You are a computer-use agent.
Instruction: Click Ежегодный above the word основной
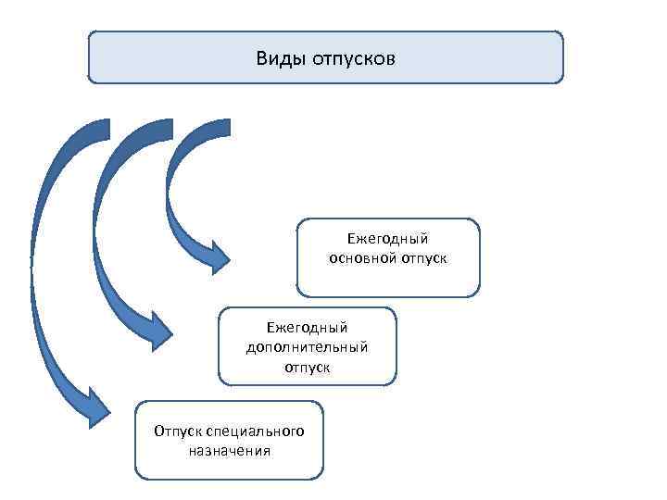click(x=388, y=240)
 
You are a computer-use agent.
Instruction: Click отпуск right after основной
click(x=424, y=258)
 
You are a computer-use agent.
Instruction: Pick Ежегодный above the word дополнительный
click(x=307, y=328)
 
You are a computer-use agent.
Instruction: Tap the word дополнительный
click(x=307, y=347)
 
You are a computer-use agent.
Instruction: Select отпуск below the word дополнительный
click(x=307, y=367)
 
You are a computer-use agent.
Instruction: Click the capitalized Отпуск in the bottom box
click(x=178, y=432)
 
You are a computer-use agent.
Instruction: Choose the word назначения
click(x=229, y=451)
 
